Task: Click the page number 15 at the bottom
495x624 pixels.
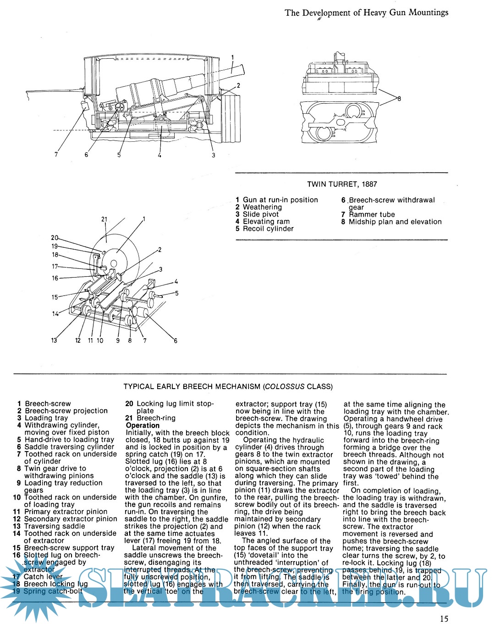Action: coord(444,618)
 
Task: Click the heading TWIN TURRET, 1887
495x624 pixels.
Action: coord(342,184)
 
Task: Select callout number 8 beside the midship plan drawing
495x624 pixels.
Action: coord(399,99)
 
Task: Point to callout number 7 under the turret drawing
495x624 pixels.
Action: coord(56,155)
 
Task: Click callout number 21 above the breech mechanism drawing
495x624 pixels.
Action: coord(104,219)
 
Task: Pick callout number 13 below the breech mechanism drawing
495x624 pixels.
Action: coord(54,340)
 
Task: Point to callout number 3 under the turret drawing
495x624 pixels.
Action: coord(213,155)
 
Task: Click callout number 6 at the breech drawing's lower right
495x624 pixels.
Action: coord(175,340)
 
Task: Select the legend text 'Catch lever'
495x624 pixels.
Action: coord(43,576)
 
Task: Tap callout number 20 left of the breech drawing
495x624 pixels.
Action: coord(55,238)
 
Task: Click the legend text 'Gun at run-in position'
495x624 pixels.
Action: coord(280,200)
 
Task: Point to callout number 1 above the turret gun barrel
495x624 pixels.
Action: coord(232,58)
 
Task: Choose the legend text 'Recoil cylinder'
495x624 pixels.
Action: coord(268,228)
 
